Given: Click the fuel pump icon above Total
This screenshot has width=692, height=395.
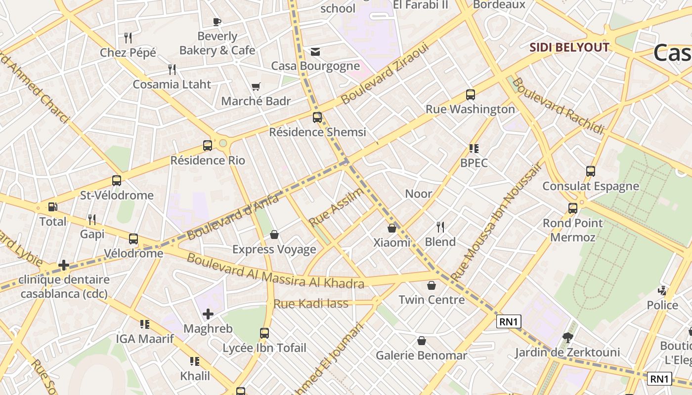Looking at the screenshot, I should click(52, 207).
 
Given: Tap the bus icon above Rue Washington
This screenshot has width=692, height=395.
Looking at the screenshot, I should click(470, 94).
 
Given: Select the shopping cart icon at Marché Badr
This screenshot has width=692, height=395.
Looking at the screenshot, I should click(256, 87).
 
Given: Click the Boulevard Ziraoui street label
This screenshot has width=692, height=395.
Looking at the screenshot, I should click(383, 73).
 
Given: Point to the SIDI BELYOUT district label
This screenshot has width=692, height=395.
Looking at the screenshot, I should click(569, 47).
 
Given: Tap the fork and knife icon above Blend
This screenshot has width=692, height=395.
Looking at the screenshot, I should click(440, 227).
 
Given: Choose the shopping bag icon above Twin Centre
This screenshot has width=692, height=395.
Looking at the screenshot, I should click(432, 285).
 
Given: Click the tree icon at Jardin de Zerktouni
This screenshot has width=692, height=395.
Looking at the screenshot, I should click(567, 338).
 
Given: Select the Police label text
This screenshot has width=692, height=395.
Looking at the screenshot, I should click(662, 305).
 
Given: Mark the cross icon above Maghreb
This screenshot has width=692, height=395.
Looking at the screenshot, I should click(208, 314).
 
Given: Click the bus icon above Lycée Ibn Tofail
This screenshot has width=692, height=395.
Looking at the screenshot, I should click(264, 333).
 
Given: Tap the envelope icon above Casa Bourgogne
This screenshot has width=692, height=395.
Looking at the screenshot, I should click(315, 52).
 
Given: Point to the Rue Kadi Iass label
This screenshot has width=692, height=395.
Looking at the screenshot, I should click(311, 304).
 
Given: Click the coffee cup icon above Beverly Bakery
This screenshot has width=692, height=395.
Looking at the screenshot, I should click(216, 22).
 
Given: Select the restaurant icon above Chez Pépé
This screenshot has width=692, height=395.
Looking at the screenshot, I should click(128, 38).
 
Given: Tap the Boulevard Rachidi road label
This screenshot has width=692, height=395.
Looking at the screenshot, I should click(558, 106).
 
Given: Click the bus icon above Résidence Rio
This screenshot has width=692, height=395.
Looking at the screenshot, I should click(208, 146).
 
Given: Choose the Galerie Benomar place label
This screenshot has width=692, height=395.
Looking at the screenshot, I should click(421, 355).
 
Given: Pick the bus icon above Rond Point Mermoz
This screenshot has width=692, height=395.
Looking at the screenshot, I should click(573, 208).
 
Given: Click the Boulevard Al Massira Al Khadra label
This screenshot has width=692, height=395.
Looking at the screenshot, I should click(275, 270).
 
